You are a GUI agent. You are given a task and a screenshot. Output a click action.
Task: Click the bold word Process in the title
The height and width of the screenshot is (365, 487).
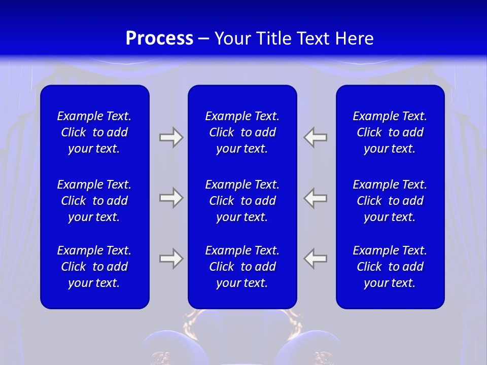tap(159, 39)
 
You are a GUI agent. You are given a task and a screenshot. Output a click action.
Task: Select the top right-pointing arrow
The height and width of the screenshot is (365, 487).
tap(171, 137)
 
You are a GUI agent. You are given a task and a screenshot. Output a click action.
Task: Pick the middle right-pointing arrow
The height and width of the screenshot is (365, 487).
tap(171, 198)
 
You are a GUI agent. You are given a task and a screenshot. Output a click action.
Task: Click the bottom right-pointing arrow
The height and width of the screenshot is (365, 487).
tap(171, 259)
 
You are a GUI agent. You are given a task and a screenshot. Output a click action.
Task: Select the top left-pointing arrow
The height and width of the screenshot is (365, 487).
tap(316, 137)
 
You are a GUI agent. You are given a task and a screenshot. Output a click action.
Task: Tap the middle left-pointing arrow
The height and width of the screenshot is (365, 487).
tap(316, 198)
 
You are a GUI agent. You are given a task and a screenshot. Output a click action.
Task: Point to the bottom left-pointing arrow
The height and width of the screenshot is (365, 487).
tap(316, 259)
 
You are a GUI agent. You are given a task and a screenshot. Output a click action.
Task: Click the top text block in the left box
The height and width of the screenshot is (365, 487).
tap(94, 132)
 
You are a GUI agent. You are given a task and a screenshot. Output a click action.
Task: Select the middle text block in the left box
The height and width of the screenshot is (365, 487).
tap(94, 201)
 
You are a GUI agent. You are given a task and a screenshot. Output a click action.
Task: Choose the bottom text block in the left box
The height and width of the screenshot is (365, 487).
tap(94, 267)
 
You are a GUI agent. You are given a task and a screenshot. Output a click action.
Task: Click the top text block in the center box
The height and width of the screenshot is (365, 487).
tap(242, 132)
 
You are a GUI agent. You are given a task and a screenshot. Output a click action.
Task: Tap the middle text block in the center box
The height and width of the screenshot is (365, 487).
tap(242, 201)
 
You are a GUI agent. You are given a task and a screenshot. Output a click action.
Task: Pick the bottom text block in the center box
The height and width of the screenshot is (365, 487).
tap(242, 267)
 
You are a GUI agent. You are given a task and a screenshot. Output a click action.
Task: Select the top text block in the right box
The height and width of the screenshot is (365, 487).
tap(390, 132)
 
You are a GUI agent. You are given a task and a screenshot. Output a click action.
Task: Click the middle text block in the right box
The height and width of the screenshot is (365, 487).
tap(390, 201)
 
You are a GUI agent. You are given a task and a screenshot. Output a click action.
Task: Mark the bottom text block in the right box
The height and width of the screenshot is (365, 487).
tap(390, 267)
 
